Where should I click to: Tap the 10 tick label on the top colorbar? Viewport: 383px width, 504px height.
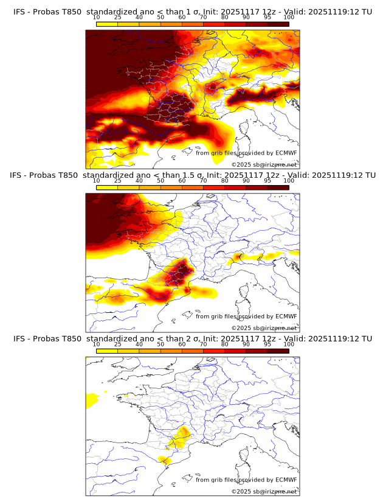click(x=96, y=18)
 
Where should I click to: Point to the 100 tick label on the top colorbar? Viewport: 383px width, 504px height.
click(x=289, y=18)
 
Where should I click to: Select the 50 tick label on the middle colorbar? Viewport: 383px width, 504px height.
click(x=160, y=181)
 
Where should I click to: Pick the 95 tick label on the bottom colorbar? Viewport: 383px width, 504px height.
click(x=267, y=344)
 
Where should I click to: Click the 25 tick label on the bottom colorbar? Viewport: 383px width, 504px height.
click(x=117, y=344)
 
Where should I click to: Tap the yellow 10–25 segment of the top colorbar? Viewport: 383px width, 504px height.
click(x=107, y=24)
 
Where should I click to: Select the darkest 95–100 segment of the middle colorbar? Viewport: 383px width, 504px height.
click(x=278, y=187)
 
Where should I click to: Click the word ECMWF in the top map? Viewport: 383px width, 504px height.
click(x=286, y=153)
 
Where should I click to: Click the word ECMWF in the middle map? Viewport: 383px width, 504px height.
click(x=286, y=317)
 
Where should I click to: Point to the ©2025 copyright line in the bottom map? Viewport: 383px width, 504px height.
click(x=264, y=491)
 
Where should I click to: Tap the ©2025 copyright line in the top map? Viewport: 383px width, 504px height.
click(x=264, y=165)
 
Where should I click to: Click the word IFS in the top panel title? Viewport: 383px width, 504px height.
click(x=20, y=12)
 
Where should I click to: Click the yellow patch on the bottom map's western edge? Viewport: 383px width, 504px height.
click(x=92, y=400)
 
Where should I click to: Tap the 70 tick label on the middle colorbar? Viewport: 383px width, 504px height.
click(x=203, y=181)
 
